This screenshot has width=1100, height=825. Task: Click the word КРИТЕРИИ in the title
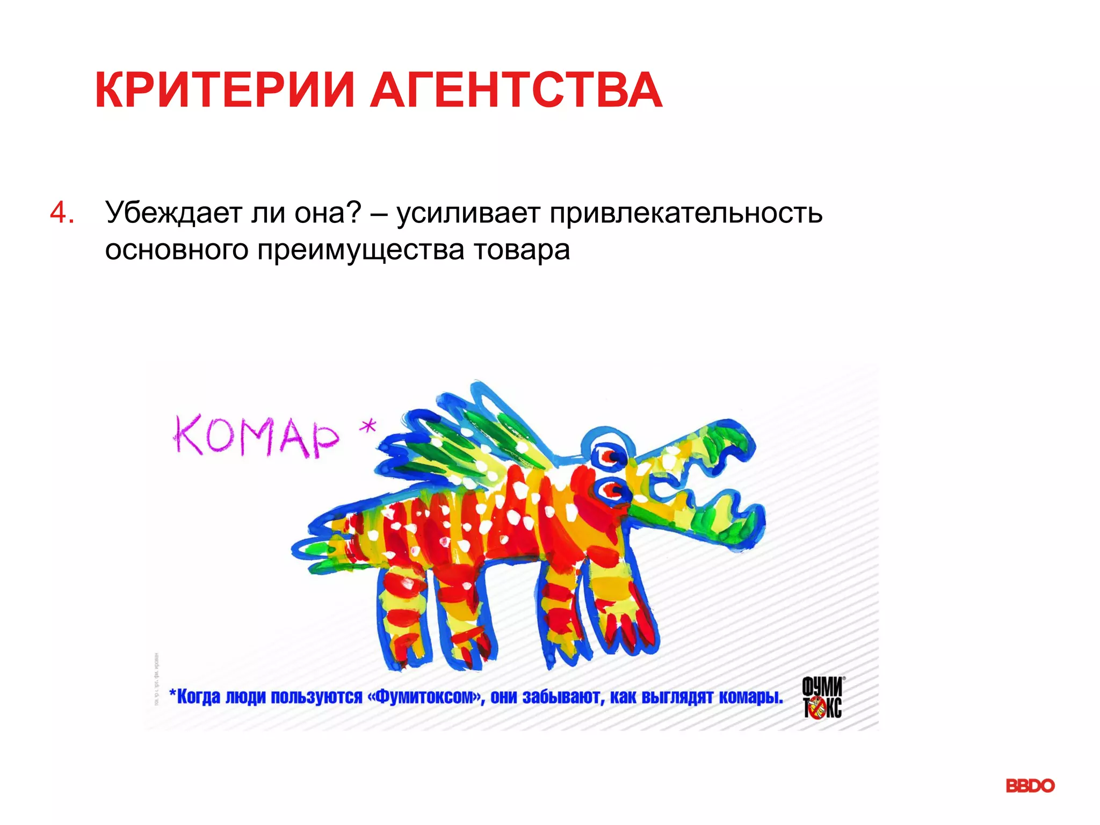(x=225, y=90)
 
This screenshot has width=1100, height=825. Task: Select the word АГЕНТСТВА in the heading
(x=516, y=90)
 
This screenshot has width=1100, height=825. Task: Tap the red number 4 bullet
(x=62, y=213)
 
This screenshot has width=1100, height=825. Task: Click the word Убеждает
(x=173, y=213)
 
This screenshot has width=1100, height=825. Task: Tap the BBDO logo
(x=1030, y=786)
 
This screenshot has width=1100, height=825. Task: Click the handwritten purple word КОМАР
(x=256, y=436)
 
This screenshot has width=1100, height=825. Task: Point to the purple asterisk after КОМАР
(x=368, y=428)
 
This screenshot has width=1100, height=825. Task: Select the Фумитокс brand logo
(x=822, y=697)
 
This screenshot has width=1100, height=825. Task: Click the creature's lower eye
(x=612, y=489)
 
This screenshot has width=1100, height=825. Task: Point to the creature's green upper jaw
(x=698, y=448)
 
